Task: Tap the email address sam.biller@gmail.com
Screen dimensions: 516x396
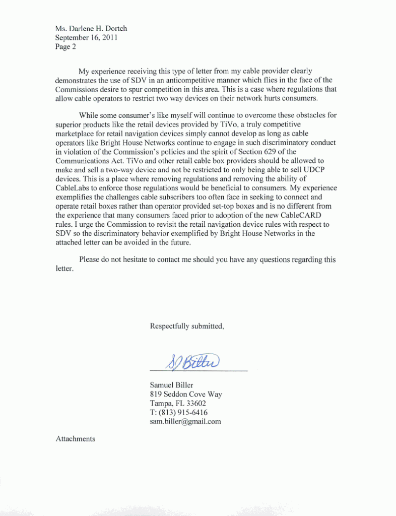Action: point(185,421)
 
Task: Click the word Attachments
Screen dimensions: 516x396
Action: point(75,439)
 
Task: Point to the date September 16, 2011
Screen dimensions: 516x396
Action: point(87,38)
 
